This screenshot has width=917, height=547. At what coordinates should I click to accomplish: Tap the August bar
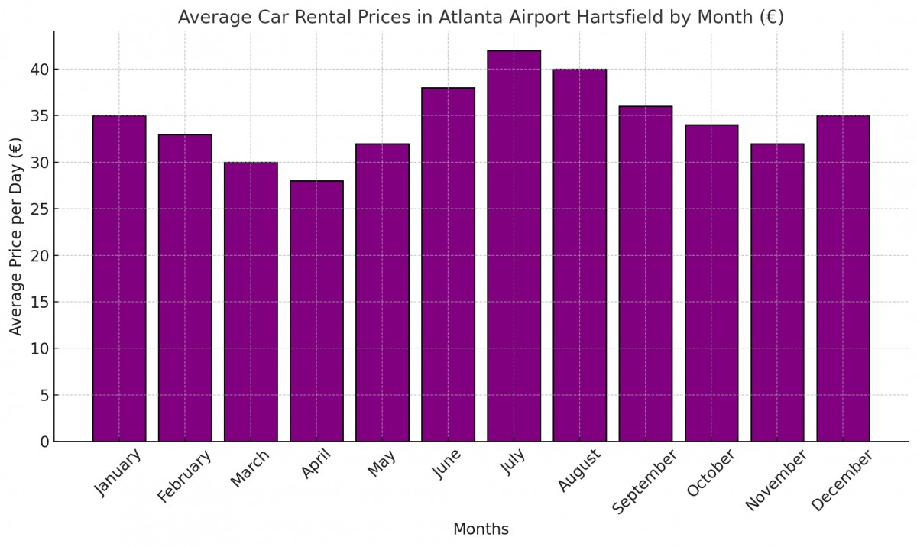point(579,255)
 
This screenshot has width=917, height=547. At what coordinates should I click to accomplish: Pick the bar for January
point(119,279)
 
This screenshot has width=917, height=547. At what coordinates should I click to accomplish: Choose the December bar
point(843,279)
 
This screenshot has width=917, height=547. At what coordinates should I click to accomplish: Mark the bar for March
point(251,302)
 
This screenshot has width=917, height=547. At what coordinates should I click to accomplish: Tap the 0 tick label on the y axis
point(43,442)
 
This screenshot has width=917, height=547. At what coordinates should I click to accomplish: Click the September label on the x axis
point(646,482)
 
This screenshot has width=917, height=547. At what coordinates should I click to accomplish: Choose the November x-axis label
point(776,480)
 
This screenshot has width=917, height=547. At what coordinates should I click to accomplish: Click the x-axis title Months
point(481,529)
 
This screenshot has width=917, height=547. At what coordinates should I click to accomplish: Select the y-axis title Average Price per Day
point(16,236)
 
